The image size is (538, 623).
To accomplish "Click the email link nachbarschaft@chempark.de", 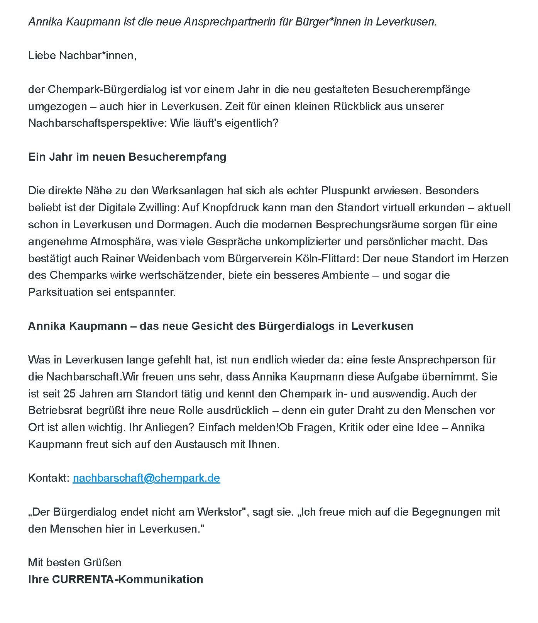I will [x=146, y=478].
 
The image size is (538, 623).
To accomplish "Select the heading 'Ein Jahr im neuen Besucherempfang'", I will [x=127, y=157].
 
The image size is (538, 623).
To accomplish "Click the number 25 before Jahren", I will [x=69, y=394].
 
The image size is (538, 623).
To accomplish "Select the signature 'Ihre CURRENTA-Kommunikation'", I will [x=115, y=579].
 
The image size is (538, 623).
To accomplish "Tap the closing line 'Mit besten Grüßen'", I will [x=74, y=562].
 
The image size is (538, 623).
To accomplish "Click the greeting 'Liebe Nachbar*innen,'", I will [x=82, y=56].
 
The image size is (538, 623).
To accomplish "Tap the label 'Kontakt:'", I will [x=49, y=478].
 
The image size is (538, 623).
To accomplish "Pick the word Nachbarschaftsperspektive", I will [x=97, y=123].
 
